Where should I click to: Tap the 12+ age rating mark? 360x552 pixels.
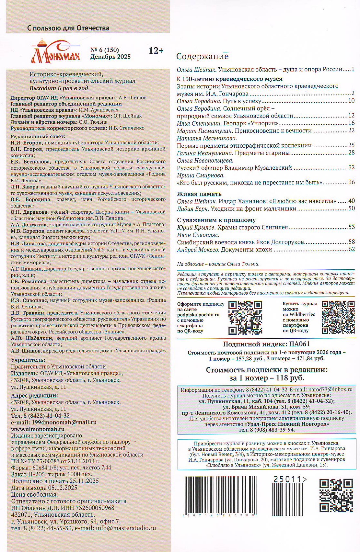pos(156,51)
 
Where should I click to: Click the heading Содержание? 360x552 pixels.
pos(202,56)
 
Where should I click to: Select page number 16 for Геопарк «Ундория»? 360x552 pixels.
pos(351,123)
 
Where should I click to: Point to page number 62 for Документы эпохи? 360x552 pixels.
pos(351,249)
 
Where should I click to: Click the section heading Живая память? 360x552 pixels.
pos(199,194)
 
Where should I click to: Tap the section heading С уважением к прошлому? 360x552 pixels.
pos(216,220)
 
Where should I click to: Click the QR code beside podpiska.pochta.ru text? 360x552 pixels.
pos(245,317)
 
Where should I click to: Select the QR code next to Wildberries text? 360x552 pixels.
pos(338,317)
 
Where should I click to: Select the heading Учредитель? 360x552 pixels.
pos(28,360)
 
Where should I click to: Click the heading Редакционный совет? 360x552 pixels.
pos(38,137)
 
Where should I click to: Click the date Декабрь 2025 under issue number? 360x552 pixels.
pos(110,57)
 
